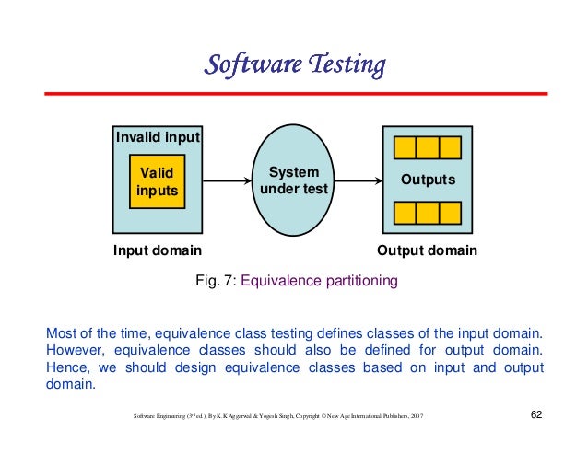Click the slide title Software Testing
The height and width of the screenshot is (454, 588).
(293, 65)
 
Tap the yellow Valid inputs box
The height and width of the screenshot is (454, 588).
(157, 181)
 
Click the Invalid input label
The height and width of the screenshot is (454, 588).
(158, 137)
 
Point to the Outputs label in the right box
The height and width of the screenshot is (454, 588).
(427, 180)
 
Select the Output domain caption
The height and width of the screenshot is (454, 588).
(428, 250)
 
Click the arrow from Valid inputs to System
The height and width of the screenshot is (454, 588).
(218, 181)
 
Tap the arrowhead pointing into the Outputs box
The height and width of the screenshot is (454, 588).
(378, 181)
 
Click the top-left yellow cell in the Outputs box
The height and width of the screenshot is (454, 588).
(405, 148)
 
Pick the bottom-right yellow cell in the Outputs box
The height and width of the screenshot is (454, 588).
(449, 214)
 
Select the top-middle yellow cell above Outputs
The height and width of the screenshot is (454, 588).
(427, 148)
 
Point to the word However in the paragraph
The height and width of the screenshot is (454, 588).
(74, 350)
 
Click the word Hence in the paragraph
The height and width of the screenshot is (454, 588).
(66, 367)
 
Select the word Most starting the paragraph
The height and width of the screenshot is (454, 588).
(61, 332)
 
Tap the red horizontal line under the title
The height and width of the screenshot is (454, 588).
(293, 94)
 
